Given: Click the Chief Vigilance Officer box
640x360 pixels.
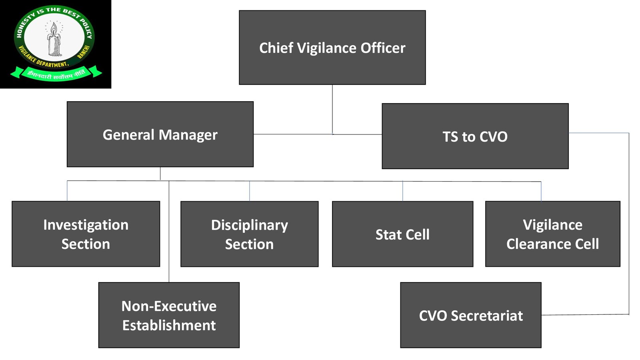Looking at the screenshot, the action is point(332,48).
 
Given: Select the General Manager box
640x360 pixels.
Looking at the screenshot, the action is point(160,134).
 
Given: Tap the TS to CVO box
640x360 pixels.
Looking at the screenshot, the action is point(475,136).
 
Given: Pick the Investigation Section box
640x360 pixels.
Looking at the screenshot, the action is point(86,234).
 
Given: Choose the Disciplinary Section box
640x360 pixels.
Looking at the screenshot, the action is point(250,234).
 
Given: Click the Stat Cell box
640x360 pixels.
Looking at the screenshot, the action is point(402,234).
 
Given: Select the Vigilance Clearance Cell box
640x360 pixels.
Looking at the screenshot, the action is point(552,234).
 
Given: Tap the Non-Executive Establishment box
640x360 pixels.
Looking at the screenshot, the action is point(169,315).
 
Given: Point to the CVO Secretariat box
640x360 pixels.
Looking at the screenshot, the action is point(471,315).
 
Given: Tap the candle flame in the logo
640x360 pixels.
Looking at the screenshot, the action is point(54,28).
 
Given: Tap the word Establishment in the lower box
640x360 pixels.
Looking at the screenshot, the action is point(169,325).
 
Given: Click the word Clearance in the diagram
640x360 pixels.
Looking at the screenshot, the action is point(537,244).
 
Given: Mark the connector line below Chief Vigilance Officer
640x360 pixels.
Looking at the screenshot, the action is point(332,110).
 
